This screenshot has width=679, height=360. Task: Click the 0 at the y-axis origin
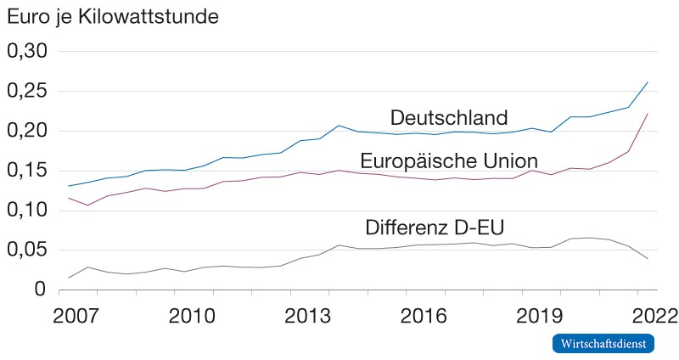38,290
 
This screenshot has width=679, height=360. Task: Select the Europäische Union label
449,160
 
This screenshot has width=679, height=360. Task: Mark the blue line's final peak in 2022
648,82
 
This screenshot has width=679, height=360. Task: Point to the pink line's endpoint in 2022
648,113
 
